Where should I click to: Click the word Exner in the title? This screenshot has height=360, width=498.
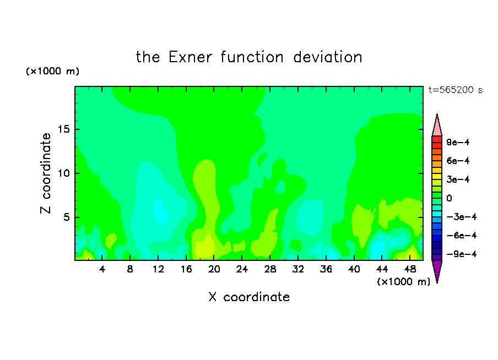coord(190,57)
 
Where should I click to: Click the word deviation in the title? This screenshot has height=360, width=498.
coord(328,57)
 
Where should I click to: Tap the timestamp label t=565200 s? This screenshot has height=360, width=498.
coord(456,90)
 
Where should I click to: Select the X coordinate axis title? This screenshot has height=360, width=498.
coord(249,297)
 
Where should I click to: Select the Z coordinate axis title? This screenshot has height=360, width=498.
coord(46,173)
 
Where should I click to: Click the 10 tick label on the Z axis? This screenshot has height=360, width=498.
coord(64,173)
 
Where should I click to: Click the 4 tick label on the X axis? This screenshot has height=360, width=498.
coord(102,269)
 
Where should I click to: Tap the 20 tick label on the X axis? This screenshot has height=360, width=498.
coord(214,269)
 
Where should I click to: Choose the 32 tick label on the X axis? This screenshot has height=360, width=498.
coord(298,269)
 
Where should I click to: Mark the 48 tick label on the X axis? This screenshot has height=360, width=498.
coord(410,269)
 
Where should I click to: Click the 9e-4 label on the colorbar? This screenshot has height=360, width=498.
coord(458,142)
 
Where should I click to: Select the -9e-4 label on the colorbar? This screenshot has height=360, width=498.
coord(462,254)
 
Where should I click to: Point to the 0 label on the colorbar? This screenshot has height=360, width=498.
coord(449,198)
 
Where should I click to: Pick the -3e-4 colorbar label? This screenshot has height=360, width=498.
coord(462,217)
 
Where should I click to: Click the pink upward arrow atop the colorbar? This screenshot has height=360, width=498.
coord(437,125)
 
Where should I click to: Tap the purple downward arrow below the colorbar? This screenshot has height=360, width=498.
coord(437,271)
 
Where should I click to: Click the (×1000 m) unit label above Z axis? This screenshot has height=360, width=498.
coord(52,71)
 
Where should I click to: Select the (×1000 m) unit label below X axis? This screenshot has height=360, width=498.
coord(403,282)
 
